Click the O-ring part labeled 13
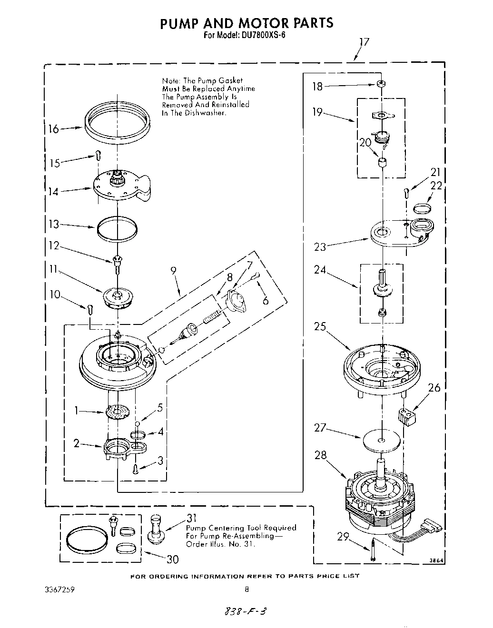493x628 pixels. tap(117, 227)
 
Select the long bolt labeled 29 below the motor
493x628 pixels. tap(374, 551)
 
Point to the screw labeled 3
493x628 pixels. tap(136, 469)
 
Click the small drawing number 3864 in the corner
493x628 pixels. tap(436, 561)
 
